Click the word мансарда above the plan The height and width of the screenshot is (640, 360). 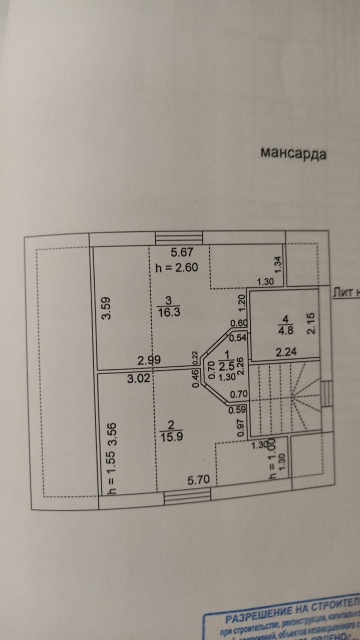pyautogui.click(x=293, y=153)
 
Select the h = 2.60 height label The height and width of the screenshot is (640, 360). pyautogui.click(x=176, y=267)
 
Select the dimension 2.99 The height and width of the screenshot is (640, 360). pyautogui.click(x=149, y=359)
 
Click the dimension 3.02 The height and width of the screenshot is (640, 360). pyautogui.click(x=138, y=378)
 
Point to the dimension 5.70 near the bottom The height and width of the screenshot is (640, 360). pyautogui.click(x=198, y=480)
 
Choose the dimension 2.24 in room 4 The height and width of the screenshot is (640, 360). pyautogui.click(x=286, y=352)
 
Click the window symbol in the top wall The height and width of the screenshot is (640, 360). pyautogui.click(x=178, y=237)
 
